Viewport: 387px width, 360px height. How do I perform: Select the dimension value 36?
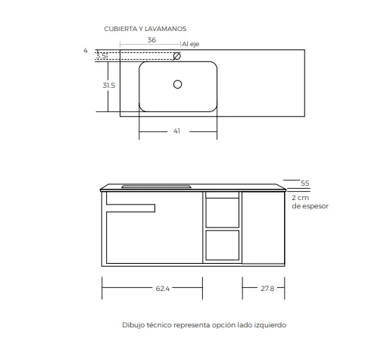(151, 39)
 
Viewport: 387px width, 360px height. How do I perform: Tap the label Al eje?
(190, 45)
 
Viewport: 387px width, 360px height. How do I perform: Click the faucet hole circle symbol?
(177, 55)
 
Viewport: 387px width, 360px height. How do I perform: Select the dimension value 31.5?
(108, 86)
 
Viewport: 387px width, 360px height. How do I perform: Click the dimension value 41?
(176, 131)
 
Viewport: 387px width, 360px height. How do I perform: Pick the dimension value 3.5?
(101, 55)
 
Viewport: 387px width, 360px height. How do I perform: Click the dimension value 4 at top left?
(86, 50)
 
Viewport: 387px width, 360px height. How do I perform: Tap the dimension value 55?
(305, 183)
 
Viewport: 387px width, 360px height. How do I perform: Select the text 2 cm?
(300, 197)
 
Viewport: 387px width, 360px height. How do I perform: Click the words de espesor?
(311, 205)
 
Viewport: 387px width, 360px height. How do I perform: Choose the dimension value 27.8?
(267, 288)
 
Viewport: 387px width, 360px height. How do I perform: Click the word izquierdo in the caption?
(271, 324)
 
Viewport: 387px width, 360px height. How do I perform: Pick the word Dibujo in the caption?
(133, 324)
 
